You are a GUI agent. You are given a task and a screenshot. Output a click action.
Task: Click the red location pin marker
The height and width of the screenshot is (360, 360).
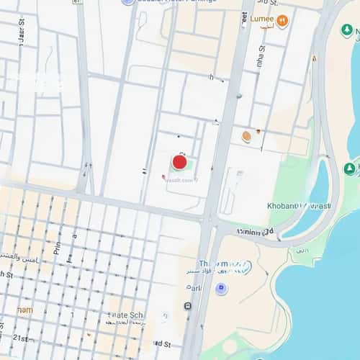click(x=179, y=162)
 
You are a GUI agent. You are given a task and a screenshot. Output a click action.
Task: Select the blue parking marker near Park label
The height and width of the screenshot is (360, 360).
click(x=221, y=289)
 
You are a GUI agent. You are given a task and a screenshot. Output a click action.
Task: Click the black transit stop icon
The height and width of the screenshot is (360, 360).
click(x=188, y=306)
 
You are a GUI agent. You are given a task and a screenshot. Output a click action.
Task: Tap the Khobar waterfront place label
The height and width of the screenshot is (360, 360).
click(x=299, y=206)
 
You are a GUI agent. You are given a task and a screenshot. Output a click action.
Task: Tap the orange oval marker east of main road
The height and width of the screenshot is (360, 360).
click(x=246, y=135)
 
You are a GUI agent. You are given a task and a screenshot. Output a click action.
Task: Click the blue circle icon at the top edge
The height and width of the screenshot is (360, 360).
click(x=127, y=2)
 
